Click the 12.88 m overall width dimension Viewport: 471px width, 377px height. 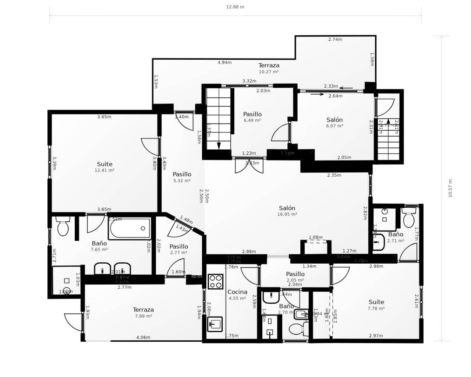(x=235, y=7)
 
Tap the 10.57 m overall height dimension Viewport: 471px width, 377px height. (x=450, y=188)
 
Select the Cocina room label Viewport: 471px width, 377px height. (x=237, y=292)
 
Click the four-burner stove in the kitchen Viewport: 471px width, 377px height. (x=215, y=282)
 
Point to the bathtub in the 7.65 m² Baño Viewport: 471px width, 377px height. (x=130, y=228)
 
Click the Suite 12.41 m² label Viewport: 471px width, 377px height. (x=105, y=167)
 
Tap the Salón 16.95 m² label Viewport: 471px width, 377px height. (x=287, y=211)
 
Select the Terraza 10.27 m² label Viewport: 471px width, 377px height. (x=269, y=68)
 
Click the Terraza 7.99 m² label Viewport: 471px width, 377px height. (x=143, y=313)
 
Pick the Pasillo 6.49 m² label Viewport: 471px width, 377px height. (x=252, y=117)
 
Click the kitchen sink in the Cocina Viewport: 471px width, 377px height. (x=215, y=324)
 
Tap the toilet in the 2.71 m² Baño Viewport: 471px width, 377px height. (x=408, y=218)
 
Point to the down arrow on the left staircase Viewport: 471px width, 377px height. (x=219, y=145)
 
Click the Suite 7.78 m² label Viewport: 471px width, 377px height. (x=376, y=305)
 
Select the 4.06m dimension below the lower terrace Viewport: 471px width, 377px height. (x=143, y=337)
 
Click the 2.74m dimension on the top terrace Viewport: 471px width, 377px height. (x=335, y=39)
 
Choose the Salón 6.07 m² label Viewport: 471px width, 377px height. (x=334, y=122)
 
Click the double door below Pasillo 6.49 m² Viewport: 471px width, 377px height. (x=249, y=166)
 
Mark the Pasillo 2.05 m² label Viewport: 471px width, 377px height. (x=295, y=276)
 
